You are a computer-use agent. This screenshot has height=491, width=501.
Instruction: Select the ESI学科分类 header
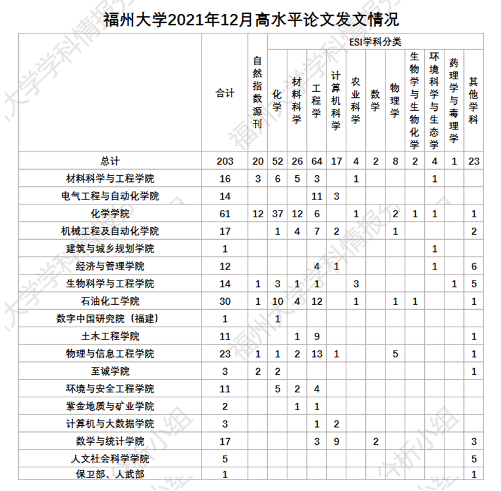pos(375,41)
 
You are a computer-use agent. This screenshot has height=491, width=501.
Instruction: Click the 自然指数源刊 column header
pos(258,91)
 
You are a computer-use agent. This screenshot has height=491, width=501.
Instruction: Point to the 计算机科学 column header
pos(335,100)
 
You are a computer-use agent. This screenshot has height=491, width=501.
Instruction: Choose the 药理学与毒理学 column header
pos(454,100)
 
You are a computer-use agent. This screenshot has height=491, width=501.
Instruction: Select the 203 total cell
pos(225,161)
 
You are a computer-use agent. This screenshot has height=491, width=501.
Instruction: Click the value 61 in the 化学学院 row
pos(225,214)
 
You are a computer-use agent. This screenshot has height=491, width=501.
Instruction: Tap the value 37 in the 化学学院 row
pos(278,214)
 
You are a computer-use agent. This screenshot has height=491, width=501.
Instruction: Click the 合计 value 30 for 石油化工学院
pos(225,301)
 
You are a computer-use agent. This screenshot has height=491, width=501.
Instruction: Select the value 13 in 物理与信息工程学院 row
pos(317,354)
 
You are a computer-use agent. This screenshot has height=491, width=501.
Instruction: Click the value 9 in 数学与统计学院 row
pos(336,442)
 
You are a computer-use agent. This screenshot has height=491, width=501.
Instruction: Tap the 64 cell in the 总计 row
pos(317,161)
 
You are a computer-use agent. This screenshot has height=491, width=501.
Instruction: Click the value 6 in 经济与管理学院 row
pos(474,266)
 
